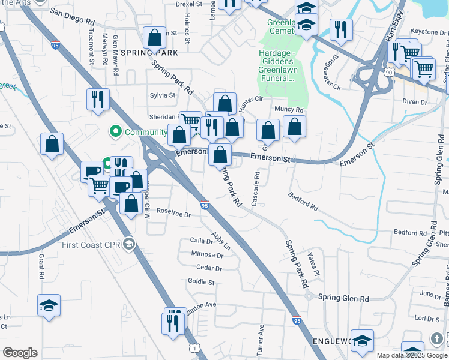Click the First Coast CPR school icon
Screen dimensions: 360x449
click(x=128, y=244)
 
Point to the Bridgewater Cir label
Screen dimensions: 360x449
click(x=332, y=71)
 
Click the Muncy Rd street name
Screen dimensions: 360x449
click(x=289, y=110)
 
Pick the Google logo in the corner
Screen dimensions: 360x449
click(x=20, y=352)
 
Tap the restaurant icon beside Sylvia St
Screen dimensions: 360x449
click(x=98, y=98)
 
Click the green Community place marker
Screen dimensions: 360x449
click(x=115, y=131)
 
